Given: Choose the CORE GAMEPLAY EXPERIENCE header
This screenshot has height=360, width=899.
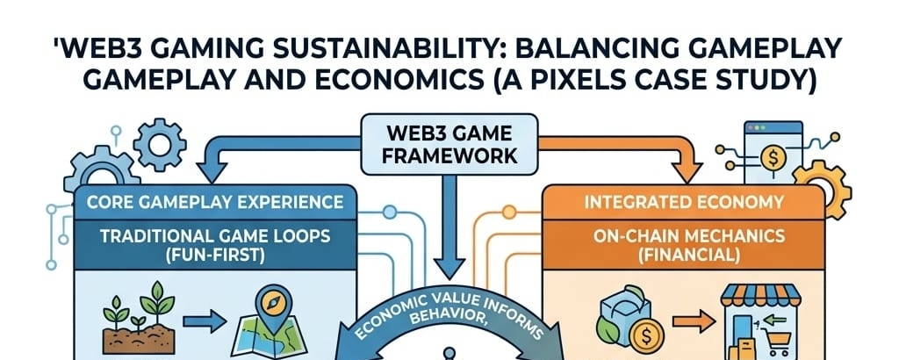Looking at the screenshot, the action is pos(215,202).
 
